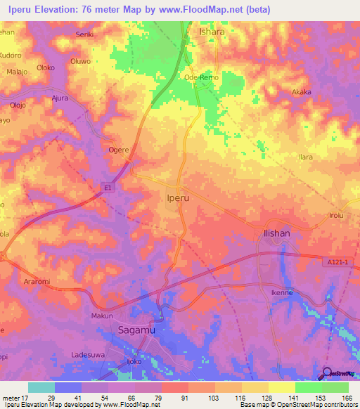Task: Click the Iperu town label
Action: pyautogui.click(x=179, y=199)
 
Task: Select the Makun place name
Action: pyautogui.click(x=103, y=316)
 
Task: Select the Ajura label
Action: pyautogui.click(x=60, y=98)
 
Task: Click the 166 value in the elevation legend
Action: pyautogui.click(x=346, y=398)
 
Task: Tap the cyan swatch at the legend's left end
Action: pyautogui.click(x=41, y=387)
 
